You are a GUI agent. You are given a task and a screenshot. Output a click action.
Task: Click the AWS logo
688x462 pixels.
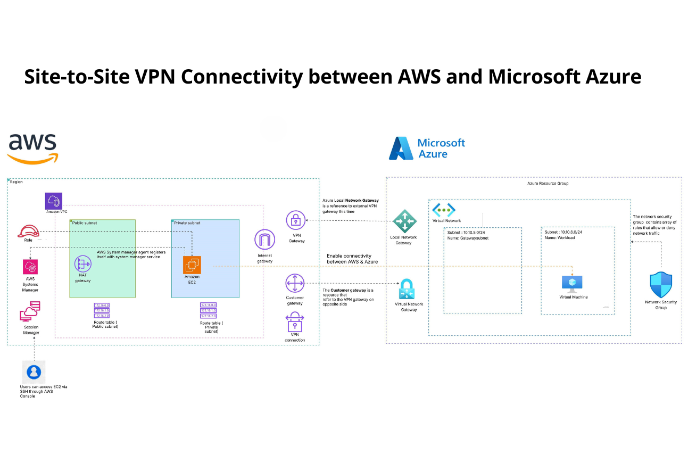point(32,148)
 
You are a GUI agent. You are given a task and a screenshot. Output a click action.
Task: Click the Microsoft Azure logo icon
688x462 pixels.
point(401,148)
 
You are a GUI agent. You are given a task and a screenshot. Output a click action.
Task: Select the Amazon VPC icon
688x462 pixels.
point(54,201)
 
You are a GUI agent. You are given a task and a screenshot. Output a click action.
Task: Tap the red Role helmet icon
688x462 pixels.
point(28,231)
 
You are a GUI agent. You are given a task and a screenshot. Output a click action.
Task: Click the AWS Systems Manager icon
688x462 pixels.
point(30,267)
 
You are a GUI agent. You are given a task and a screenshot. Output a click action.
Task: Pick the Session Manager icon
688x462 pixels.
point(30,312)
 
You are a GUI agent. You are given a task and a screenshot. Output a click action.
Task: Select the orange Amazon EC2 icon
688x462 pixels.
point(192,265)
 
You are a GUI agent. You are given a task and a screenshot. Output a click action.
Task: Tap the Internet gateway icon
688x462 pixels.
point(264,240)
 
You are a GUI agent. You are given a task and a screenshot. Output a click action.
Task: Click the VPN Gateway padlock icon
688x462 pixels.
point(296,220)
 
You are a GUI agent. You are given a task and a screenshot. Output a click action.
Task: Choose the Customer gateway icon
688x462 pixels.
point(295,283)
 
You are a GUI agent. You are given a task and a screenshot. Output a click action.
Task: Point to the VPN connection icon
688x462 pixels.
point(295,323)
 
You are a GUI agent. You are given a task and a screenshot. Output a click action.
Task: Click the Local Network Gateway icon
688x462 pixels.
point(404,221)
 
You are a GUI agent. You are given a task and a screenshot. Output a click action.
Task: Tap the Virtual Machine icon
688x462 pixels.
point(572,283)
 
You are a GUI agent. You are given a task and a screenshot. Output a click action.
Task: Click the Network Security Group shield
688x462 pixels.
point(661,285)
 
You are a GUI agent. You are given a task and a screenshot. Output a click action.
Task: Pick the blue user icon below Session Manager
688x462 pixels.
point(34,371)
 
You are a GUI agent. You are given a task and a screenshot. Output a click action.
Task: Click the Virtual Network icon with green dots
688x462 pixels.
point(444,209)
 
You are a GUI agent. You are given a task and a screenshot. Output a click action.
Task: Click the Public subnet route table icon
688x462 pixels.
point(102,310)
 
